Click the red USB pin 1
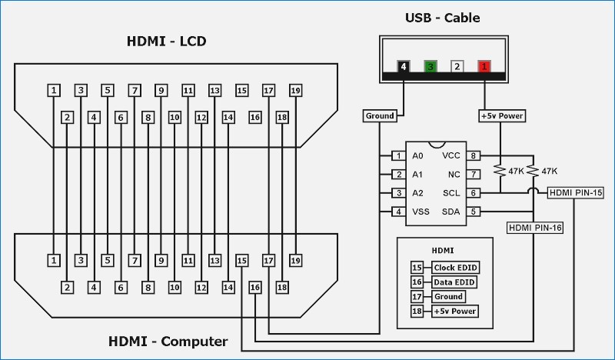tap(484, 66)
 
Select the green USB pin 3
tap(430, 66)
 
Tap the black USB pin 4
tap(404, 66)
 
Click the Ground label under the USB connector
tap(380, 115)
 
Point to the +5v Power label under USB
tap(501, 115)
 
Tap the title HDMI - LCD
tap(166, 41)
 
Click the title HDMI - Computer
tap(168, 341)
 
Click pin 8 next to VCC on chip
tap(474, 156)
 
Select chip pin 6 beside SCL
tap(474, 193)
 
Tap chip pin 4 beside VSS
tap(398, 212)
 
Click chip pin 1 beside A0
tap(398, 156)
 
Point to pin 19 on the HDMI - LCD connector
tap(295, 91)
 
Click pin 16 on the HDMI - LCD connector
tap(255, 118)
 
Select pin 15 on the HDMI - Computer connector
tap(242, 261)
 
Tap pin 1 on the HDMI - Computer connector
tap(54, 261)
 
